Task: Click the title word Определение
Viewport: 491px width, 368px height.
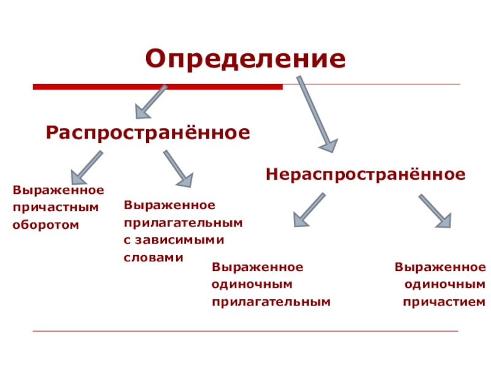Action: (245, 59)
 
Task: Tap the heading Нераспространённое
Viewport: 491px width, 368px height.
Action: (365, 175)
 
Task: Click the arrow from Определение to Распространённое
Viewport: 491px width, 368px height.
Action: (151, 101)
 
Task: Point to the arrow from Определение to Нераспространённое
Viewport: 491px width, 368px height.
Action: (316, 113)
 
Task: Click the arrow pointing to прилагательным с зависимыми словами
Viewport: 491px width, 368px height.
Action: (178, 168)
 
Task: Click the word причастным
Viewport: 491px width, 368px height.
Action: (56, 207)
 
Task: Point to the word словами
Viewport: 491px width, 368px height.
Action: (153, 258)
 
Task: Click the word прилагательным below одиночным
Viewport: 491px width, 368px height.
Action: (271, 302)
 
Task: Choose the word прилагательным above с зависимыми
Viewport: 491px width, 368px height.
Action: (183, 223)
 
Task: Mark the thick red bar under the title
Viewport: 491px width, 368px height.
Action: (157, 87)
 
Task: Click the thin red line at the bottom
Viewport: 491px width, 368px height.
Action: (245, 332)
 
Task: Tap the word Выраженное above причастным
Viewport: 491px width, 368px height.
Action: (58, 190)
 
